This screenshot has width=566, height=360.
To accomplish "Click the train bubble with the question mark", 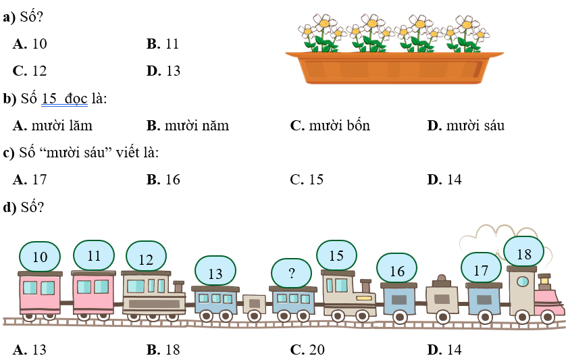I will pos(292,274).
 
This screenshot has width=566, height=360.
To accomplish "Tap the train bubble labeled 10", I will pos(40,257).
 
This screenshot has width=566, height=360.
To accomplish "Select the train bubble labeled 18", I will pos(524,255).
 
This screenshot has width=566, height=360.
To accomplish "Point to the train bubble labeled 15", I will pos(336,256).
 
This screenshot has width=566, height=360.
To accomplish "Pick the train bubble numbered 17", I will pos(481,270).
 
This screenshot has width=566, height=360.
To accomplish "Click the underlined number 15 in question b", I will pos(50,99).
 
